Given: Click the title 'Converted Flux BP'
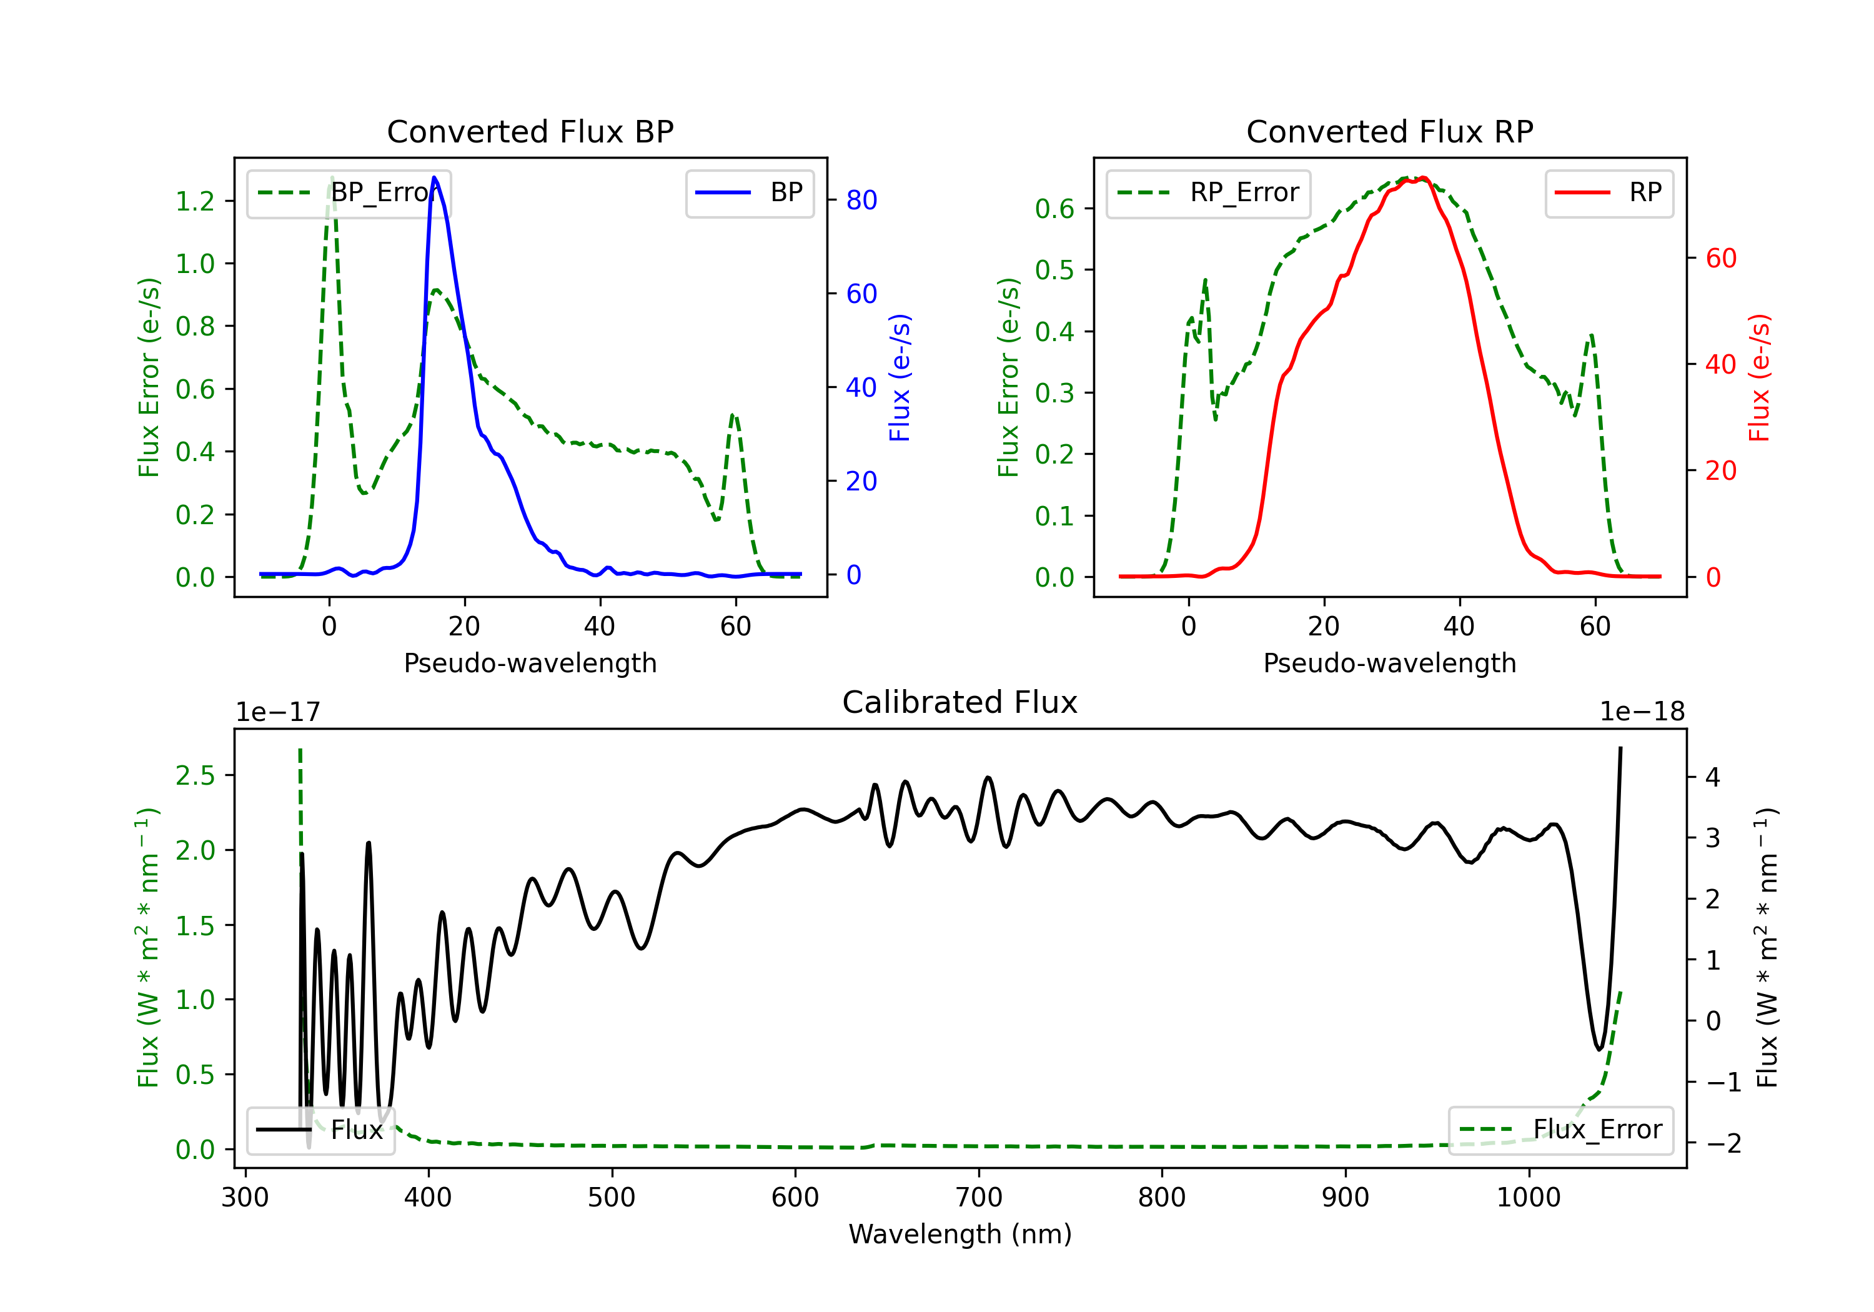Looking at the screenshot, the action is [530, 131].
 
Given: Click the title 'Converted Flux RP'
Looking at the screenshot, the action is [1389, 131].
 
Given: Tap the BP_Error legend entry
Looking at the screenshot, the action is [349, 192].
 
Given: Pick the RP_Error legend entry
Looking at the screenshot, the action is [1208, 192].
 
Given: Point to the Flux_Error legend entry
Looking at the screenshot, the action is [1560, 1130].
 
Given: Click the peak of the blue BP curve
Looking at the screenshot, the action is [434, 178].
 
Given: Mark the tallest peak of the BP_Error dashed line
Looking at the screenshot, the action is [331, 178].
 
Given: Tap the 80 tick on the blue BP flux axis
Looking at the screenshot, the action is [861, 200].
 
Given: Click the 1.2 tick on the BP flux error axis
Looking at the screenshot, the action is [195, 201].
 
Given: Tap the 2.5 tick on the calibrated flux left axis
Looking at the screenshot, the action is [195, 775].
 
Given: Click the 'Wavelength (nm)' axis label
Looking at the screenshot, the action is [960, 1234].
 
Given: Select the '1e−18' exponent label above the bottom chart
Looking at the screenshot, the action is [1642, 712].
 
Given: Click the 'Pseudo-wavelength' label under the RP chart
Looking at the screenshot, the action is [1389, 663].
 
